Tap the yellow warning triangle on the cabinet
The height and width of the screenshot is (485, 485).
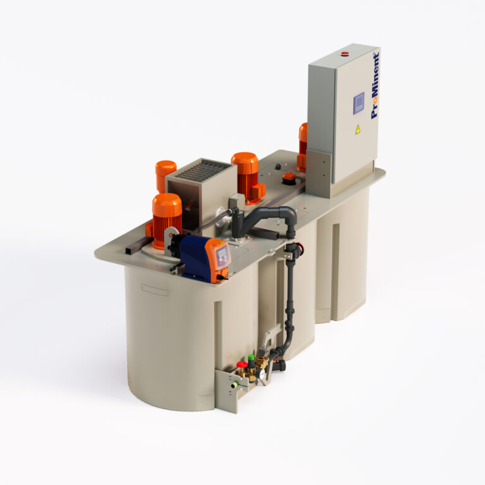pyautogui.click(x=357, y=129)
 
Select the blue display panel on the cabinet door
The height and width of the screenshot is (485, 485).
pyautogui.click(x=359, y=103)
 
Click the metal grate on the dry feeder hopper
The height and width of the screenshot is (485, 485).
pyautogui.click(x=203, y=169)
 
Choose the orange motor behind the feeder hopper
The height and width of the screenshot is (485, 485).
pyautogui.click(x=165, y=173)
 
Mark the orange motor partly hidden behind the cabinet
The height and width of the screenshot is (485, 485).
pyautogui.click(x=303, y=145)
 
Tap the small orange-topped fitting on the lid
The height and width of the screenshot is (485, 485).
pyautogui.click(x=289, y=177)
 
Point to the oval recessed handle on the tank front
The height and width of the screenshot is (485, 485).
pyautogui.click(x=155, y=290)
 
